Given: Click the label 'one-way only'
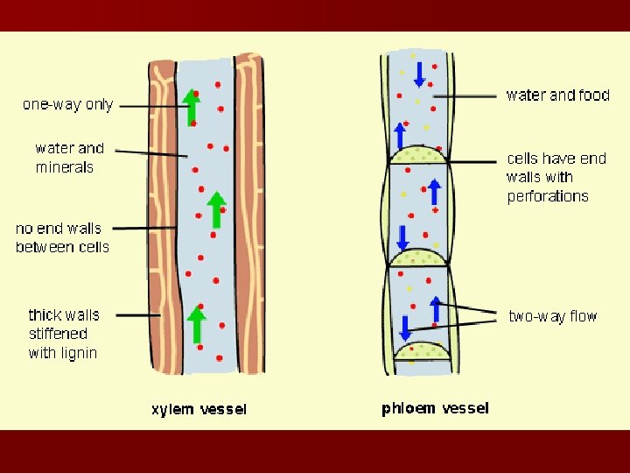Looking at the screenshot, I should click(x=67, y=104).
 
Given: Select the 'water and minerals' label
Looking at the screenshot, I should click(x=69, y=158).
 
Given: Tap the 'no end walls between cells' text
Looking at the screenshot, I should click(x=62, y=237).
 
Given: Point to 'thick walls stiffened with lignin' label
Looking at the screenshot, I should click(x=63, y=334).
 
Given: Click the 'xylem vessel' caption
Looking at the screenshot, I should click(x=199, y=409).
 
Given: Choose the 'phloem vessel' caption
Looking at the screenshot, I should click(x=435, y=408).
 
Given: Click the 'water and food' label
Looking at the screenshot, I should click(x=557, y=95).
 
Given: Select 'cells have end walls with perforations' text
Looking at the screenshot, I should click(x=556, y=177).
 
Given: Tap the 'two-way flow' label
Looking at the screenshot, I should click(x=552, y=316).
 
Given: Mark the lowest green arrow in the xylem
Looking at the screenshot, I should click(x=198, y=324).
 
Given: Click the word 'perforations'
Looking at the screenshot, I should click(x=548, y=196).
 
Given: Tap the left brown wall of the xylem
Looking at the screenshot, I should click(x=162, y=219).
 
